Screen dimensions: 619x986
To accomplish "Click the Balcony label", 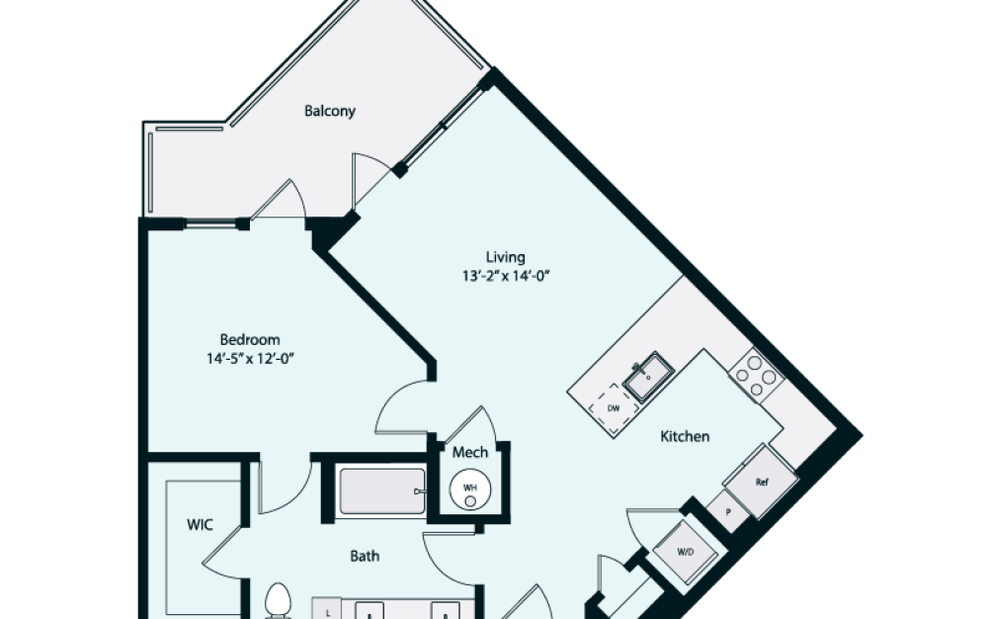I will click(329, 111).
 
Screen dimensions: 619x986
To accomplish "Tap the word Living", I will click(505, 257).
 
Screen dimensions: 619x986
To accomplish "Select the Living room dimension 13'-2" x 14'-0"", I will click(505, 277).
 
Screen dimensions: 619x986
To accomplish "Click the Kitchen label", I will click(685, 436).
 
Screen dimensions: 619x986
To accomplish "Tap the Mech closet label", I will click(470, 453).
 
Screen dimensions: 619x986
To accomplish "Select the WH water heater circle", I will click(471, 488).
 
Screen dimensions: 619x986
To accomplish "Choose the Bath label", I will click(365, 556).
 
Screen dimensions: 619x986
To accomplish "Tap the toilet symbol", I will click(278, 601).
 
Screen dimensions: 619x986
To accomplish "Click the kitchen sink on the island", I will click(647, 379).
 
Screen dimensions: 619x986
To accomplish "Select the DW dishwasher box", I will click(613, 407).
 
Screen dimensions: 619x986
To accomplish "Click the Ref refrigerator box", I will click(761, 483).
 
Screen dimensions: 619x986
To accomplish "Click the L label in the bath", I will click(327, 612).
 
